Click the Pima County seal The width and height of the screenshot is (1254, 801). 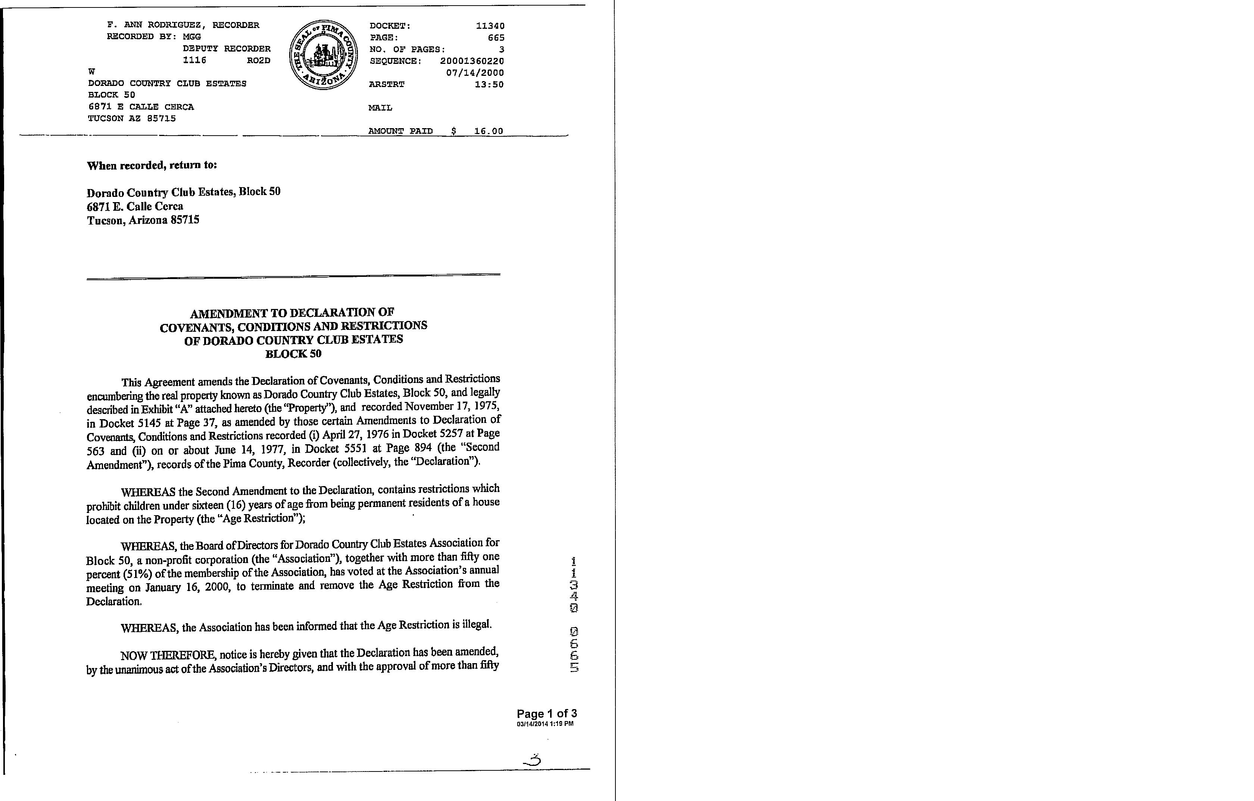[x=324, y=55]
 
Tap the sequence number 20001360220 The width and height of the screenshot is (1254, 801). [x=472, y=61]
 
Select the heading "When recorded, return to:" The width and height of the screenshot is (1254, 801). [x=152, y=165]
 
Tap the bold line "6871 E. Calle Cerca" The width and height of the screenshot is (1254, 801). [x=135, y=206]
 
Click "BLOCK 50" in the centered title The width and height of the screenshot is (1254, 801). [x=293, y=354]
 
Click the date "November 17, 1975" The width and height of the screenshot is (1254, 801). [x=452, y=406]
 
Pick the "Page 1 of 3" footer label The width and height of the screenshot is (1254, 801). [x=546, y=714]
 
